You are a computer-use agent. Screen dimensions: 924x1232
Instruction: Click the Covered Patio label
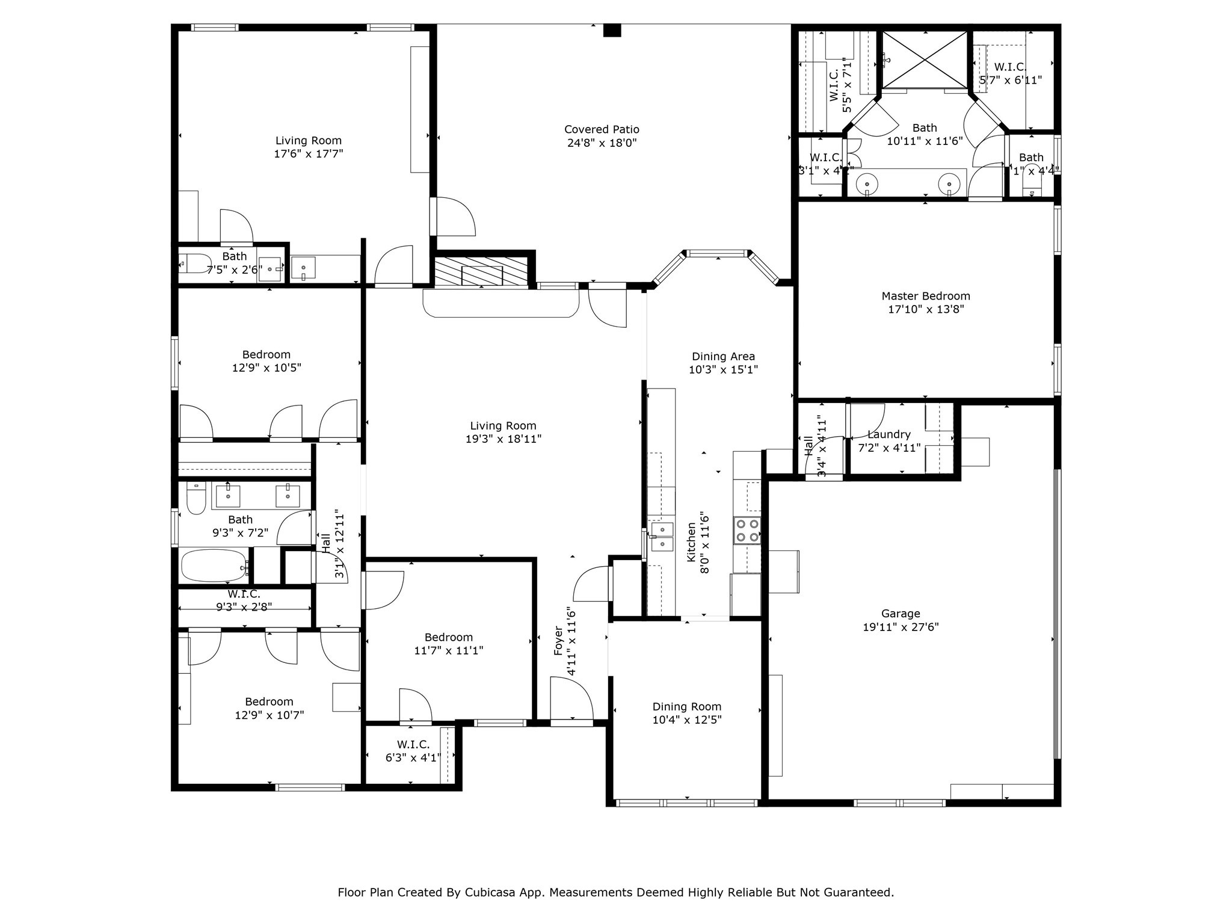[602, 129]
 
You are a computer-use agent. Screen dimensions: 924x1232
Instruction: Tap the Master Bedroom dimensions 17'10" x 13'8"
[926, 310]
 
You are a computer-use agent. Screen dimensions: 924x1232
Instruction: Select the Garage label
[901, 614]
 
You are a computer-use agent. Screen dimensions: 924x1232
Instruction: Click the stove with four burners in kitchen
[747, 531]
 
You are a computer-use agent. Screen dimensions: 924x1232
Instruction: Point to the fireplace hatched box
[481, 273]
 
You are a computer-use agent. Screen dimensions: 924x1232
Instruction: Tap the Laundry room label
[889, 434]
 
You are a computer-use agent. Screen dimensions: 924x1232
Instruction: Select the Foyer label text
[559, 641]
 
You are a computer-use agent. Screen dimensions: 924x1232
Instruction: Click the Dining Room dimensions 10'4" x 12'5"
[686, 719]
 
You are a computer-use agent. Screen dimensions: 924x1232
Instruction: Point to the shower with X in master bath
[925, 60]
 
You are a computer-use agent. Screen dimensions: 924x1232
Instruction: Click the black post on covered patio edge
[612, 30]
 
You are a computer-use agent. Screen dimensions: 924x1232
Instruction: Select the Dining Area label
[723, 356]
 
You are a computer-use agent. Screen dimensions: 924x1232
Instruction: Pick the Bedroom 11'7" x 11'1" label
[448, 637]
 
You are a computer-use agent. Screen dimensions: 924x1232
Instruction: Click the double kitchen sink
[662, 537]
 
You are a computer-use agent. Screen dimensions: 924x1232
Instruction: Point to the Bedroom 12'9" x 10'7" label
[269, 701]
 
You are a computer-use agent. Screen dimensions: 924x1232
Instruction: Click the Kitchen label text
[692, 543]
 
